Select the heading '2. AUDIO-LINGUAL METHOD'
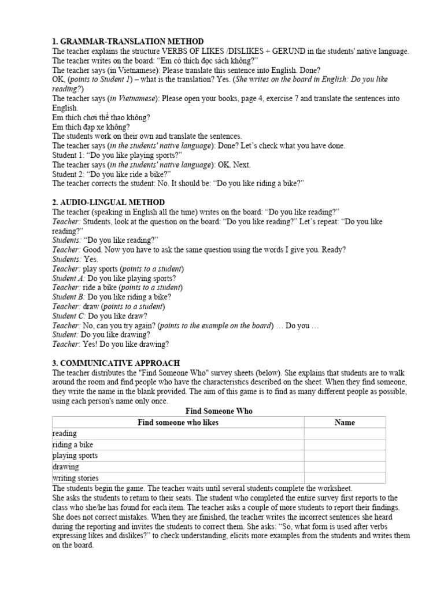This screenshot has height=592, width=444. coord(108,202)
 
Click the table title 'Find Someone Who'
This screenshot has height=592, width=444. coord(219,411)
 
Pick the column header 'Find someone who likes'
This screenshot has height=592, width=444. coord(178,423)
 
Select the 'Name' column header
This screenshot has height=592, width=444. coord(345,423)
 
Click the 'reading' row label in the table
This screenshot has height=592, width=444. coord(64,434)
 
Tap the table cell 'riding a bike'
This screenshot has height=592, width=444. coord(72,445)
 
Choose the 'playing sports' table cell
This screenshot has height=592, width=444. coord(75,456)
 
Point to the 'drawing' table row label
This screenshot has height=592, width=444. coord(65,467)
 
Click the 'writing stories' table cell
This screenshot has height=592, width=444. coord(75,478)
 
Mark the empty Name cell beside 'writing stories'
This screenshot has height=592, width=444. coord(345,478)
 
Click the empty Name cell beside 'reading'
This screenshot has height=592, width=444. coord(345,434)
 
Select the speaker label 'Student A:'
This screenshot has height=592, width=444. coord(68,278)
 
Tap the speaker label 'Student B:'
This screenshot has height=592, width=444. coord(68,297)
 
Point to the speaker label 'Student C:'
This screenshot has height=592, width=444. coord(69,316)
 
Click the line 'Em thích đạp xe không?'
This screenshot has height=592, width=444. coord(91,127)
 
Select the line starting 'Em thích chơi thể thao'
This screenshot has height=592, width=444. coord(101,117)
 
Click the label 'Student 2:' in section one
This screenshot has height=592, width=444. coord(68,174)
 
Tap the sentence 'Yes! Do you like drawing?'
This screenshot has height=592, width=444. coord(126,344)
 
